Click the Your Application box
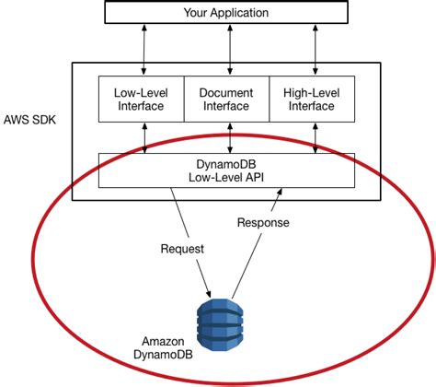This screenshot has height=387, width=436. pos(226,13)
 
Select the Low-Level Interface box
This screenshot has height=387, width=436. pos(140,100)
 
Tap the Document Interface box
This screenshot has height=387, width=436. pos(226,100)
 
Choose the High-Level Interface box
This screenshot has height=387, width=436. pos(311,100)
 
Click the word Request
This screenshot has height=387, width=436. pos(183,248)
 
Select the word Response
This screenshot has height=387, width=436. pos(264,222)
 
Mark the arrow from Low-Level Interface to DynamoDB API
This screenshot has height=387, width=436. pos(144,137)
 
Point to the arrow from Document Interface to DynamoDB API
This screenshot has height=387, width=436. pos(226,137)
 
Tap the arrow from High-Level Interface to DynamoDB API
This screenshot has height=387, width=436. pos(316,137)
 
